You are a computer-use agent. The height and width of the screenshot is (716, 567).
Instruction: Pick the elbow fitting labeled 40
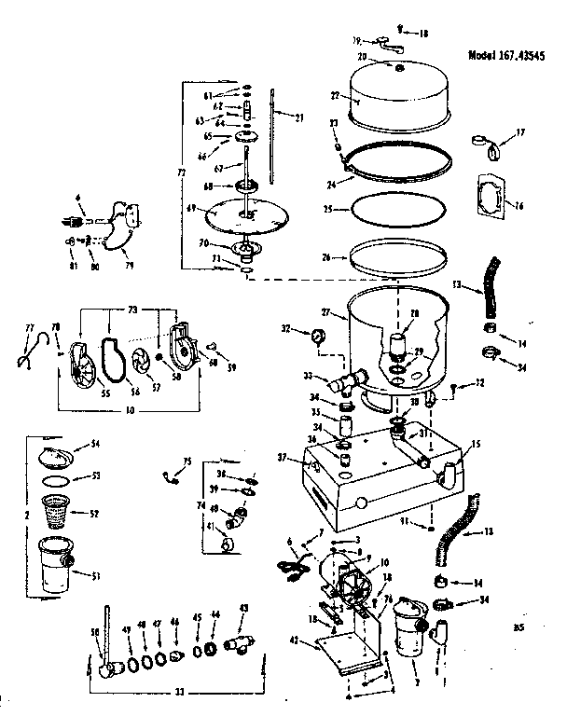tap(240, 515)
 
